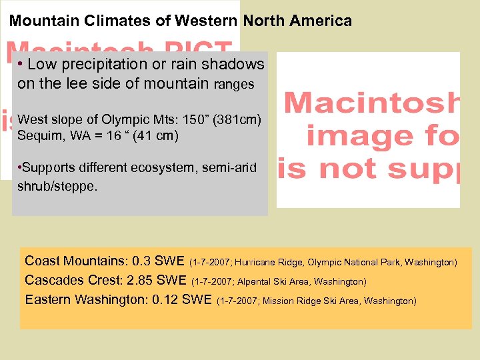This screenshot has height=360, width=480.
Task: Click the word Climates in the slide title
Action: tap(117, 21)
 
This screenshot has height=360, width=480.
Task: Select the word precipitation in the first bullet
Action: tap(100, 65)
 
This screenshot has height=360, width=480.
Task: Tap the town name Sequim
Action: tap(39, 136)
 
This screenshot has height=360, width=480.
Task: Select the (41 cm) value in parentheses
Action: tap(153, 136)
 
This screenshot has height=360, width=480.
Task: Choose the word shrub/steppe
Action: tap(57, 186)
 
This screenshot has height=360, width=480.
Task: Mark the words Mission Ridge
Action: tap(288, 301)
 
